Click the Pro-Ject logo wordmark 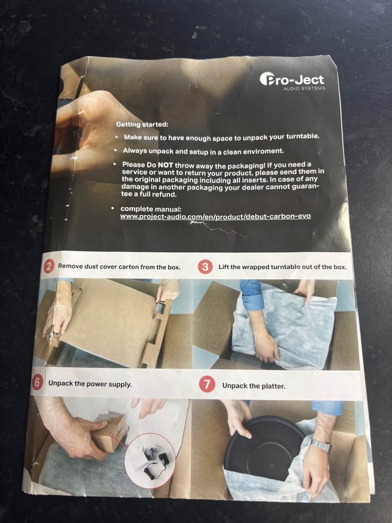(292, 80)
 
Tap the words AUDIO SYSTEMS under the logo (304, 88)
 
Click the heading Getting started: (142, 124)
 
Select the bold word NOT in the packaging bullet (166, 165)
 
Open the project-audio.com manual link (216, 216)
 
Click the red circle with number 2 (49, 266)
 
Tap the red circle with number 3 (205, 267)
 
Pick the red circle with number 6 (37, 382)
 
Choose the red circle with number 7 (207, 384)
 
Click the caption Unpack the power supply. (90, 384)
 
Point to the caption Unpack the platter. (254, 386)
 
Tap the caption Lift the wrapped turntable (259, 267)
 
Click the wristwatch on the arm (320, 446)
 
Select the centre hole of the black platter (272, 465)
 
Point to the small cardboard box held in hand (109, 432)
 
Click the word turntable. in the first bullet (303, 136)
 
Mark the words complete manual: (151, 209)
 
